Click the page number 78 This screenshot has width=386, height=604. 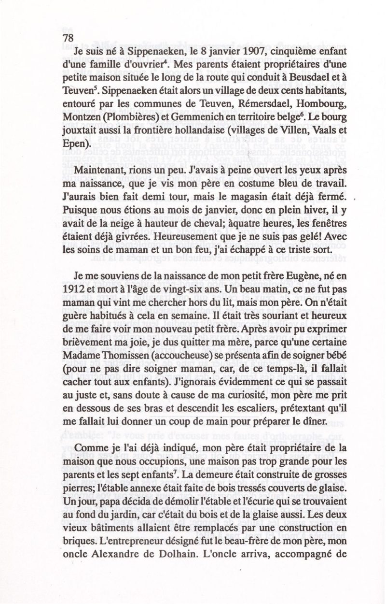tap(67, 38)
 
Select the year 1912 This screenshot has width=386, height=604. tap(73, 289)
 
